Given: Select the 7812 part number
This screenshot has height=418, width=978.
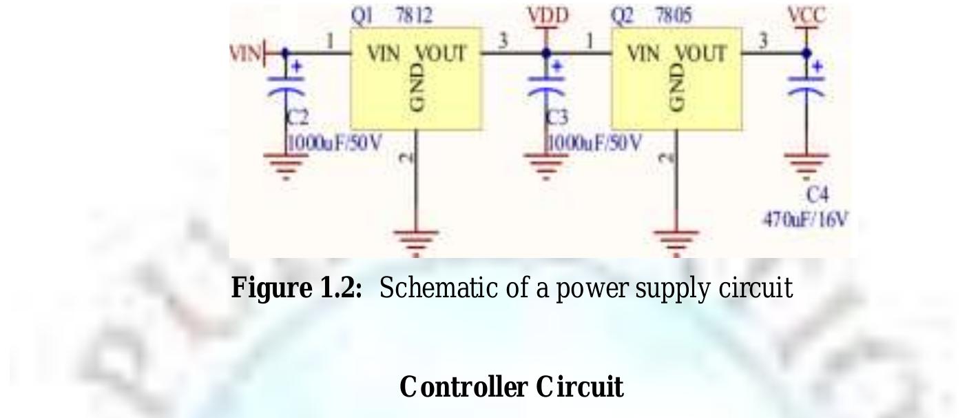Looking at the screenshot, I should coord(414,15).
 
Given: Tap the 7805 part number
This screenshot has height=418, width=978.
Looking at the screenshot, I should coord(674,15).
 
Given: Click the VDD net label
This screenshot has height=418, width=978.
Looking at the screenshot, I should coord(548,15).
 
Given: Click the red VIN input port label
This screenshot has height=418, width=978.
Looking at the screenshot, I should coord(245,53).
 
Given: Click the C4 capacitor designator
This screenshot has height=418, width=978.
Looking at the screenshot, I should coord(818,195).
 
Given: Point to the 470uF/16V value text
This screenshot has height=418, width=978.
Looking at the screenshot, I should coord(805,220).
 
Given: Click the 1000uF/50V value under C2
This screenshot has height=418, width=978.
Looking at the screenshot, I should coord(334,143).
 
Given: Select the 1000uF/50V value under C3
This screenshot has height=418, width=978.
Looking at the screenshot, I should coord(594,143).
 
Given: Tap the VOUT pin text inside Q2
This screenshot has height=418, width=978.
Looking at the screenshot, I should coord(700,54).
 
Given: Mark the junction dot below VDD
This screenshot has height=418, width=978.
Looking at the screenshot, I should coord(547,52).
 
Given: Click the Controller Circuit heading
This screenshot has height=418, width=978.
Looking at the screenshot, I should coord(511,387).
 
